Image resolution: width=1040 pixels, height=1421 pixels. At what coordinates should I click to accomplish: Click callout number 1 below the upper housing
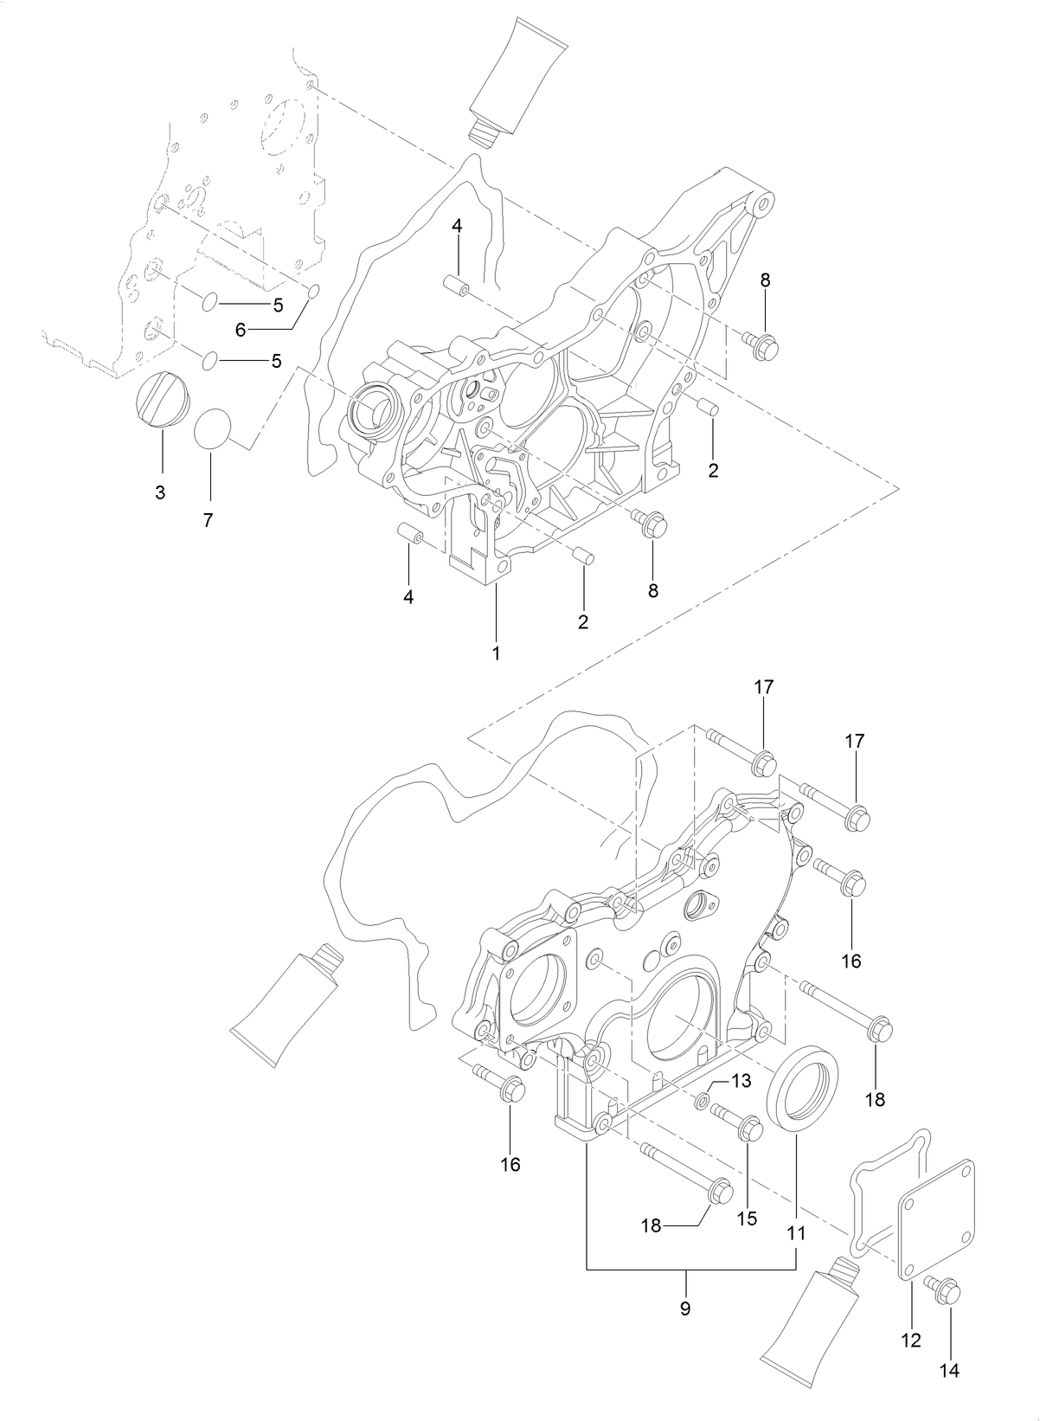coord(496,653)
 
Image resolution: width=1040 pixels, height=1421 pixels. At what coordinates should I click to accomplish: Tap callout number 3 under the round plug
coord(160,492)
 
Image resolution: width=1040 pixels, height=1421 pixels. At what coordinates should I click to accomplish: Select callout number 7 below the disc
coord(209,520)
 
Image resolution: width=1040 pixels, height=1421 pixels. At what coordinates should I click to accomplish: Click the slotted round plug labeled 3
coord(159,399)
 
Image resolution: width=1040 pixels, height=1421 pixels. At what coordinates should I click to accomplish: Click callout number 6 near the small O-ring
coord(241,329)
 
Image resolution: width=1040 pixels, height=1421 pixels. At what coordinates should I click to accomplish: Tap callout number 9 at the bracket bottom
coord(685,1308)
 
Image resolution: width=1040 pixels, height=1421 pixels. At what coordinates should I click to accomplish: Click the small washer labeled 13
coord(703,1100)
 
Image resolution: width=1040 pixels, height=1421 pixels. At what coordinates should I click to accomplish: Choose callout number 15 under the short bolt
coord(747,1218)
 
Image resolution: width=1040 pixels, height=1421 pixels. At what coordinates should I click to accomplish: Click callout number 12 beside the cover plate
coord(910,1341)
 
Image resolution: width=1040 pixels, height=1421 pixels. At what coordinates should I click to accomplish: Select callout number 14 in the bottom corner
coord(949,1369)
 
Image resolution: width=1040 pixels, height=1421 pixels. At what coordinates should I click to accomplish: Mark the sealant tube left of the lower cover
coord(285,1005)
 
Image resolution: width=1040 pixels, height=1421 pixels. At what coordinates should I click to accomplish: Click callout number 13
coord(741,1080)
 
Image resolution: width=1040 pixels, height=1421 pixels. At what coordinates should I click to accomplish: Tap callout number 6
coord(241,329)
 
